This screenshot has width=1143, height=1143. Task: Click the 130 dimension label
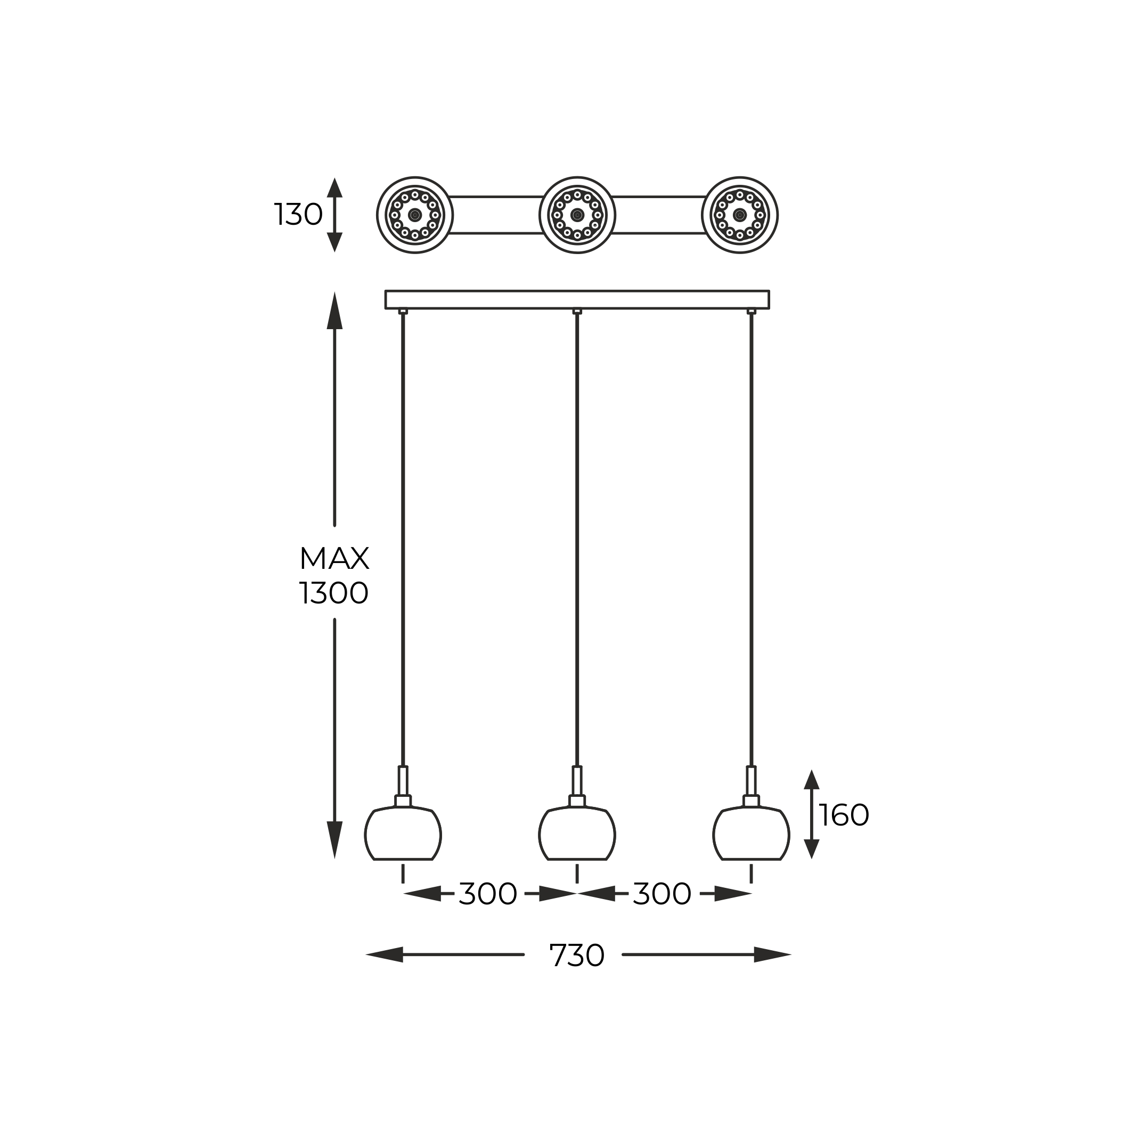click(298, 215)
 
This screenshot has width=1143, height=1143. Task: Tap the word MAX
click(334, 559)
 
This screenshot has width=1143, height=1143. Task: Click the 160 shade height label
click(844, 816)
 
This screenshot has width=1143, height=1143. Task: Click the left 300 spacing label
click(488, 894)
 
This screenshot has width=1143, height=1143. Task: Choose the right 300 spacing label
click(662, 894)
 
